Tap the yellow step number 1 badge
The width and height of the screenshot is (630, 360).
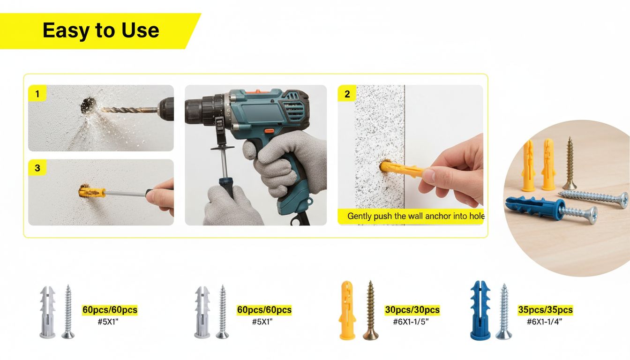tap(37, 93)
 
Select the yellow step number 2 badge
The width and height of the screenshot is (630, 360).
tap(347, 93)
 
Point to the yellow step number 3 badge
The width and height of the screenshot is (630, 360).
tap(37, 168)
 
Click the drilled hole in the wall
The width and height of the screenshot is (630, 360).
tap(88, 105)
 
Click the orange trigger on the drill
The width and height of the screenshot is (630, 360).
tap(269, 131)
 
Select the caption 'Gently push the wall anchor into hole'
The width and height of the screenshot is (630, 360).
tap(416, 216)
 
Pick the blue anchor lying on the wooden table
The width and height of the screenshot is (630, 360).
tap(534, 206)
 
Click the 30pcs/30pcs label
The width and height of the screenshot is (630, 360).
tap(412, 310)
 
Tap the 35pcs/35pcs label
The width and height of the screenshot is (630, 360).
tap(545, 310)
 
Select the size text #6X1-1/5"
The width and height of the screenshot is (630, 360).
tap(411, 322)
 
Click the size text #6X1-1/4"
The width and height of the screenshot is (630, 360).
tap(544, 322)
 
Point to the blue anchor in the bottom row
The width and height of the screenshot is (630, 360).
tap(480, 310)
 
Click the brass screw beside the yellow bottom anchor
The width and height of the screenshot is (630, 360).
tap(371, 310)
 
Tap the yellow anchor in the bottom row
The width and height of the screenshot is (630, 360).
tap(348, 310)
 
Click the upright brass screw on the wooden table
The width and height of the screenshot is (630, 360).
tap(570, 163)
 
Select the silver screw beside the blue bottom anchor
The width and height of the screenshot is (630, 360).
tap(504, 311)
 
